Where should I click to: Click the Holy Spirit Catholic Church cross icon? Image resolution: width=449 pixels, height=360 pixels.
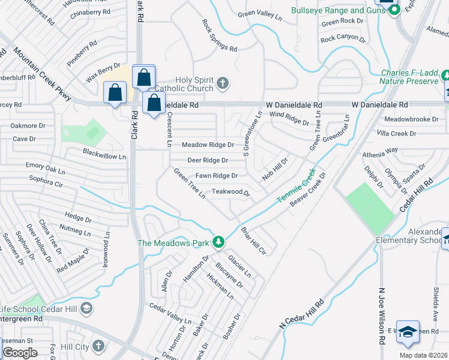coord(223,83)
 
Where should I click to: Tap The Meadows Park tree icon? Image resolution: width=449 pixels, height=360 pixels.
coord(219,242)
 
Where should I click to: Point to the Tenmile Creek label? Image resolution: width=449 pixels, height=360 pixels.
coord(296,185)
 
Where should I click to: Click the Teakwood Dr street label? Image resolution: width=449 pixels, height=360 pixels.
coord(231,192)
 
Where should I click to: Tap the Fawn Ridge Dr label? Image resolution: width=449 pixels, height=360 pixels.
coord(217,176)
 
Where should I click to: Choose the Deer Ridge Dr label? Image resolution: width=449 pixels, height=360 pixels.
coord(208,160)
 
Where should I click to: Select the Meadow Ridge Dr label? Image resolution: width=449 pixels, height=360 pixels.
coord(208,145)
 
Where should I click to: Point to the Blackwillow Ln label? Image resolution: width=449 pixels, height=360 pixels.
coord(104,154)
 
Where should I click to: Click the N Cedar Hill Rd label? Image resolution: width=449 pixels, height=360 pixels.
coord(302,314)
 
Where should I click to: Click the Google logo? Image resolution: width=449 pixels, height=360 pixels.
coord(20,353)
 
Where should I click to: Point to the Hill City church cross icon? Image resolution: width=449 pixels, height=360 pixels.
coord(98,346)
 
